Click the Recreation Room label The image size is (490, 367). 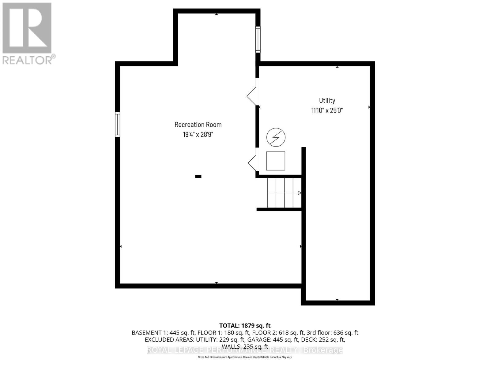198,124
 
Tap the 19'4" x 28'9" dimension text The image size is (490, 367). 198,134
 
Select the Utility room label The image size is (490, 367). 327,100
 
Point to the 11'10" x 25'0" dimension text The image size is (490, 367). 327,110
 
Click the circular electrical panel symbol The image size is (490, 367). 276,137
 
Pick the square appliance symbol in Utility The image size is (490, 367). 275,161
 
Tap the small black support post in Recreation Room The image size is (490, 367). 198,176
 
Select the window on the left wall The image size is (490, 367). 117,124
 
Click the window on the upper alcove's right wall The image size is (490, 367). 258,39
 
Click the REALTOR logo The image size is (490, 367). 28,34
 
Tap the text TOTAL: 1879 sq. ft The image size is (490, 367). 245,326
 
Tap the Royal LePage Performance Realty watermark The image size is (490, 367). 245,350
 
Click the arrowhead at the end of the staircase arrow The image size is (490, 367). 300,193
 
